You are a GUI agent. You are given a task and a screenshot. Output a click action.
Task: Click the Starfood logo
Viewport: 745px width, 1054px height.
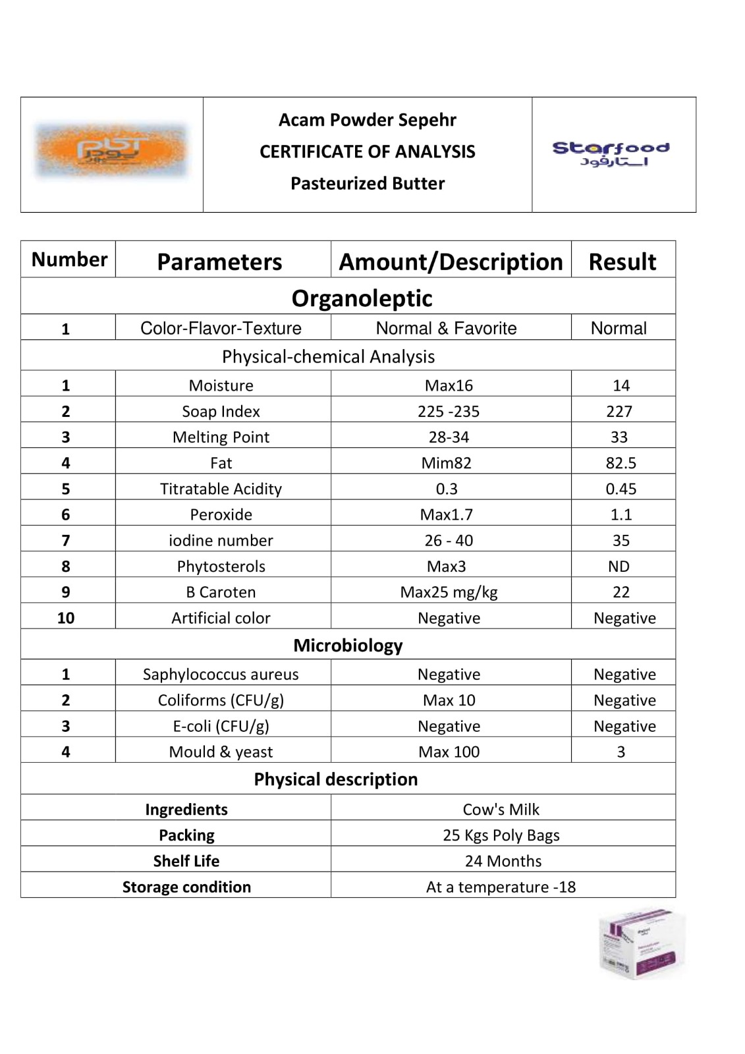coord(611,153)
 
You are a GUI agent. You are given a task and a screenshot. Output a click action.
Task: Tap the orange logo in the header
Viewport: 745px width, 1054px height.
coord(111,151)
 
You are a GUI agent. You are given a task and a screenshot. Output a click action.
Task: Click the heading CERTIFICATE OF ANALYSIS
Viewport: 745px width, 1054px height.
coord(367,152)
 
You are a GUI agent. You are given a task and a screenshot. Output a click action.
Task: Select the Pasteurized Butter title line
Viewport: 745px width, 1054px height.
coord(367,183)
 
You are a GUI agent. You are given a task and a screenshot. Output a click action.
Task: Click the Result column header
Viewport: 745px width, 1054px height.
coord(622,262)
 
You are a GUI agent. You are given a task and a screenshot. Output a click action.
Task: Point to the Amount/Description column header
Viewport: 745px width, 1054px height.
coord(451,262)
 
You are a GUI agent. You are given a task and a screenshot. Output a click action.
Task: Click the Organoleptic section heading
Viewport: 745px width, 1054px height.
coord(362,298)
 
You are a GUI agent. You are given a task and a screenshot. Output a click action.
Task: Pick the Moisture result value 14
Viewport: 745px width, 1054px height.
coord(621,385)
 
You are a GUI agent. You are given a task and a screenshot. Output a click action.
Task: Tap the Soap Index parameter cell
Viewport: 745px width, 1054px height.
coord(221,411)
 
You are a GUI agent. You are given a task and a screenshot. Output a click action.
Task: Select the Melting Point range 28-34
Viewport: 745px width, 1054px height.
coord(449,437)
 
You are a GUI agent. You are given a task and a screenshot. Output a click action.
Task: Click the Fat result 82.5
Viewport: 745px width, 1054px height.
coord(621,463)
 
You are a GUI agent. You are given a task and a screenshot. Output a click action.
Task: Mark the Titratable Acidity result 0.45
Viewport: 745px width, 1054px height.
coord(621,489)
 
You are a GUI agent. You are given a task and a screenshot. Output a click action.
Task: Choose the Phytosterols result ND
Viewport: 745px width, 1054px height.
coord(619,567)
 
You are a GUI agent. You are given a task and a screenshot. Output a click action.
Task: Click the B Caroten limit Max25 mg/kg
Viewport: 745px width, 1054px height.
coord(449,592)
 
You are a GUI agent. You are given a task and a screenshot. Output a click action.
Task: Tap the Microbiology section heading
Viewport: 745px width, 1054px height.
coord(348,645)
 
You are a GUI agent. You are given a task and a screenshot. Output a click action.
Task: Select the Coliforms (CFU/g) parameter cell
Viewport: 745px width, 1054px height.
coord(221,700)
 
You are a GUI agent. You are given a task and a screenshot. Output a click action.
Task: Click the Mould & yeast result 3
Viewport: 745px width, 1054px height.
coord(621,752)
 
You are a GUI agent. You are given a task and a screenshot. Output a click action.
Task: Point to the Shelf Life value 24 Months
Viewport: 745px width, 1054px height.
coord(503,861)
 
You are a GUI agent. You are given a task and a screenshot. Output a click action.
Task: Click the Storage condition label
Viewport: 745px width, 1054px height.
coord(186,887)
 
